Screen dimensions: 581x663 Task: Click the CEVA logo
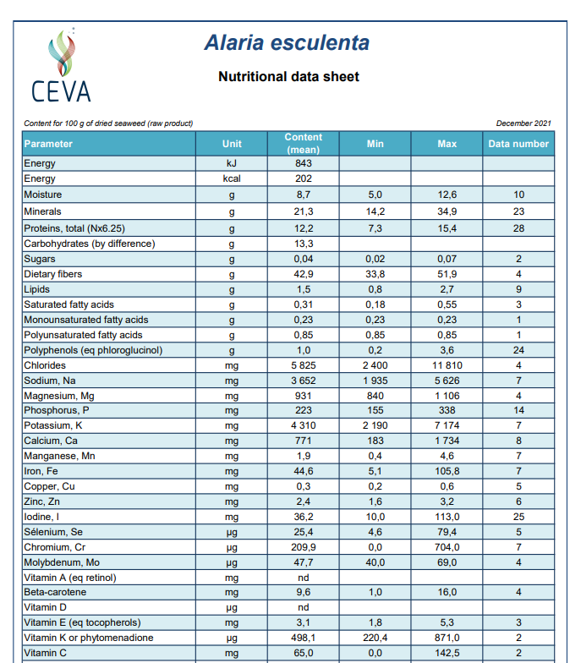[61, 65]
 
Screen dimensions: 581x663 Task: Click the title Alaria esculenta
[288, 42]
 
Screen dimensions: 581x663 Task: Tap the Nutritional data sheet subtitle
[289, 76]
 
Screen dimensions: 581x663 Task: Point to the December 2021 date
[523, 123]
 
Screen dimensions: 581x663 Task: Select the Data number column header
[518, 144]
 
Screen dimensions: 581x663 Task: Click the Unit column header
[232, 144]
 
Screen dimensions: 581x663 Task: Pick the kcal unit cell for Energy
[232, 178]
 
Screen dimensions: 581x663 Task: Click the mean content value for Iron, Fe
[303, 471]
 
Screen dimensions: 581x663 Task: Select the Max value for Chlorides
[447, 365]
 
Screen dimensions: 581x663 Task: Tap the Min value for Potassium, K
[375, 425]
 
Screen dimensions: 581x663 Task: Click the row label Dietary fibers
[52, 274]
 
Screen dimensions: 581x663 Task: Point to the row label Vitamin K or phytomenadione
[88, 638]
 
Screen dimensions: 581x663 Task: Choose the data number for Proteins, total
[518, 228]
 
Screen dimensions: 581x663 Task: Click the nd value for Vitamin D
[303, 607]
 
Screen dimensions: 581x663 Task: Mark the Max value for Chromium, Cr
[447, 547]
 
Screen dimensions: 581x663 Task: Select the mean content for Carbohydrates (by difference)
[303, 244]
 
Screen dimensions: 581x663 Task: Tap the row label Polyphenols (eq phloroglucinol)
[93, 350]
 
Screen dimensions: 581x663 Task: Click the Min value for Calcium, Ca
[375, 441]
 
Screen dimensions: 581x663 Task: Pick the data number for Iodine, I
[518, 517]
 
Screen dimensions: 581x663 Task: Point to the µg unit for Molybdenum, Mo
[232, 563]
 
